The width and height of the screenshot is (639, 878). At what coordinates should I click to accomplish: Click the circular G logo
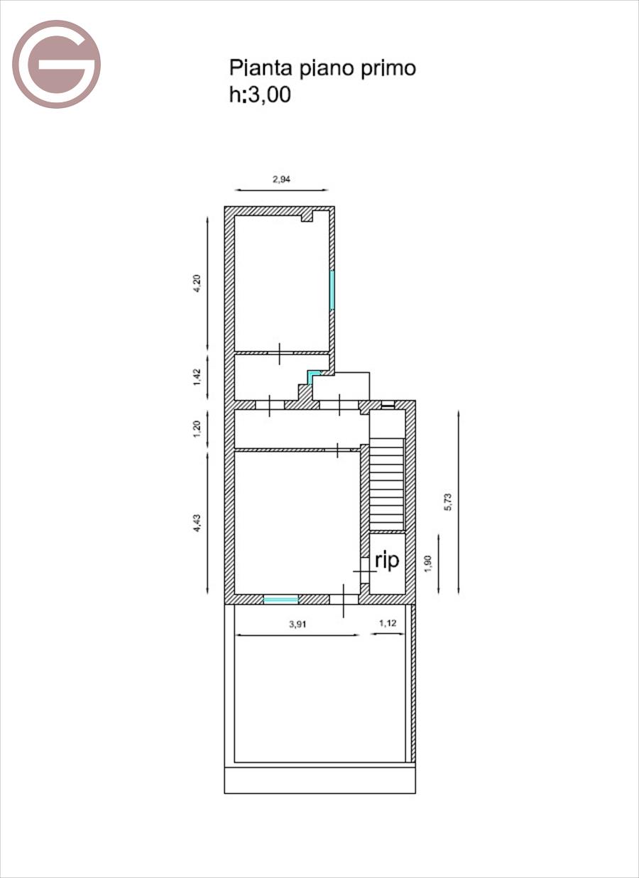point(56,64)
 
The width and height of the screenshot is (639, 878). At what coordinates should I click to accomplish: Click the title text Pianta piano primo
point(322,68)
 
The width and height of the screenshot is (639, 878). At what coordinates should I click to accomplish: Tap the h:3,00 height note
point(260,94)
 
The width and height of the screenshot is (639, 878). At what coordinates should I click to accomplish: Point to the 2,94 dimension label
point(282,179)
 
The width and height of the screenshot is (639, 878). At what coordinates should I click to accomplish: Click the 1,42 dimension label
point(198,375)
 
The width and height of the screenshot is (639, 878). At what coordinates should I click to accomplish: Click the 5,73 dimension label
point(448,502)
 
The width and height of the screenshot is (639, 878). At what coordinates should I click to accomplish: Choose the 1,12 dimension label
point(388,624)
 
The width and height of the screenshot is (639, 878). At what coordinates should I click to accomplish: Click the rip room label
point(387,560)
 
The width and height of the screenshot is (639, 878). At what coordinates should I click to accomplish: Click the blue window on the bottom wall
point(281,600)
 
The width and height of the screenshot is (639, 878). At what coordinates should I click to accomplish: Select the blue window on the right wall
point(332,290)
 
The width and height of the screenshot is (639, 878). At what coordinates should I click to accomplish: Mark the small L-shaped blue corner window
point(312,375)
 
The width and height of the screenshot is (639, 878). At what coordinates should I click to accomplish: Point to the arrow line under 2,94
point(282,190)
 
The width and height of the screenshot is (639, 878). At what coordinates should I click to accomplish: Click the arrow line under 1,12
point(388,634)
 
